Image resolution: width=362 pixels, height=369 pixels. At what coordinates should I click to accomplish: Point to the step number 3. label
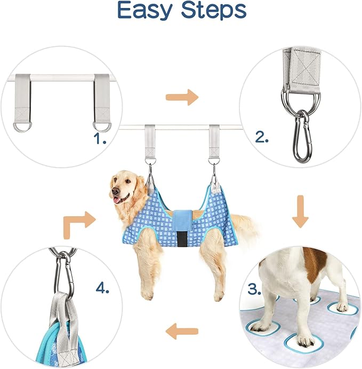[x=255, y=291]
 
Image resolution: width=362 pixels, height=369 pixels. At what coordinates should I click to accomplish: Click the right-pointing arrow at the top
[x=181, y=98]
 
